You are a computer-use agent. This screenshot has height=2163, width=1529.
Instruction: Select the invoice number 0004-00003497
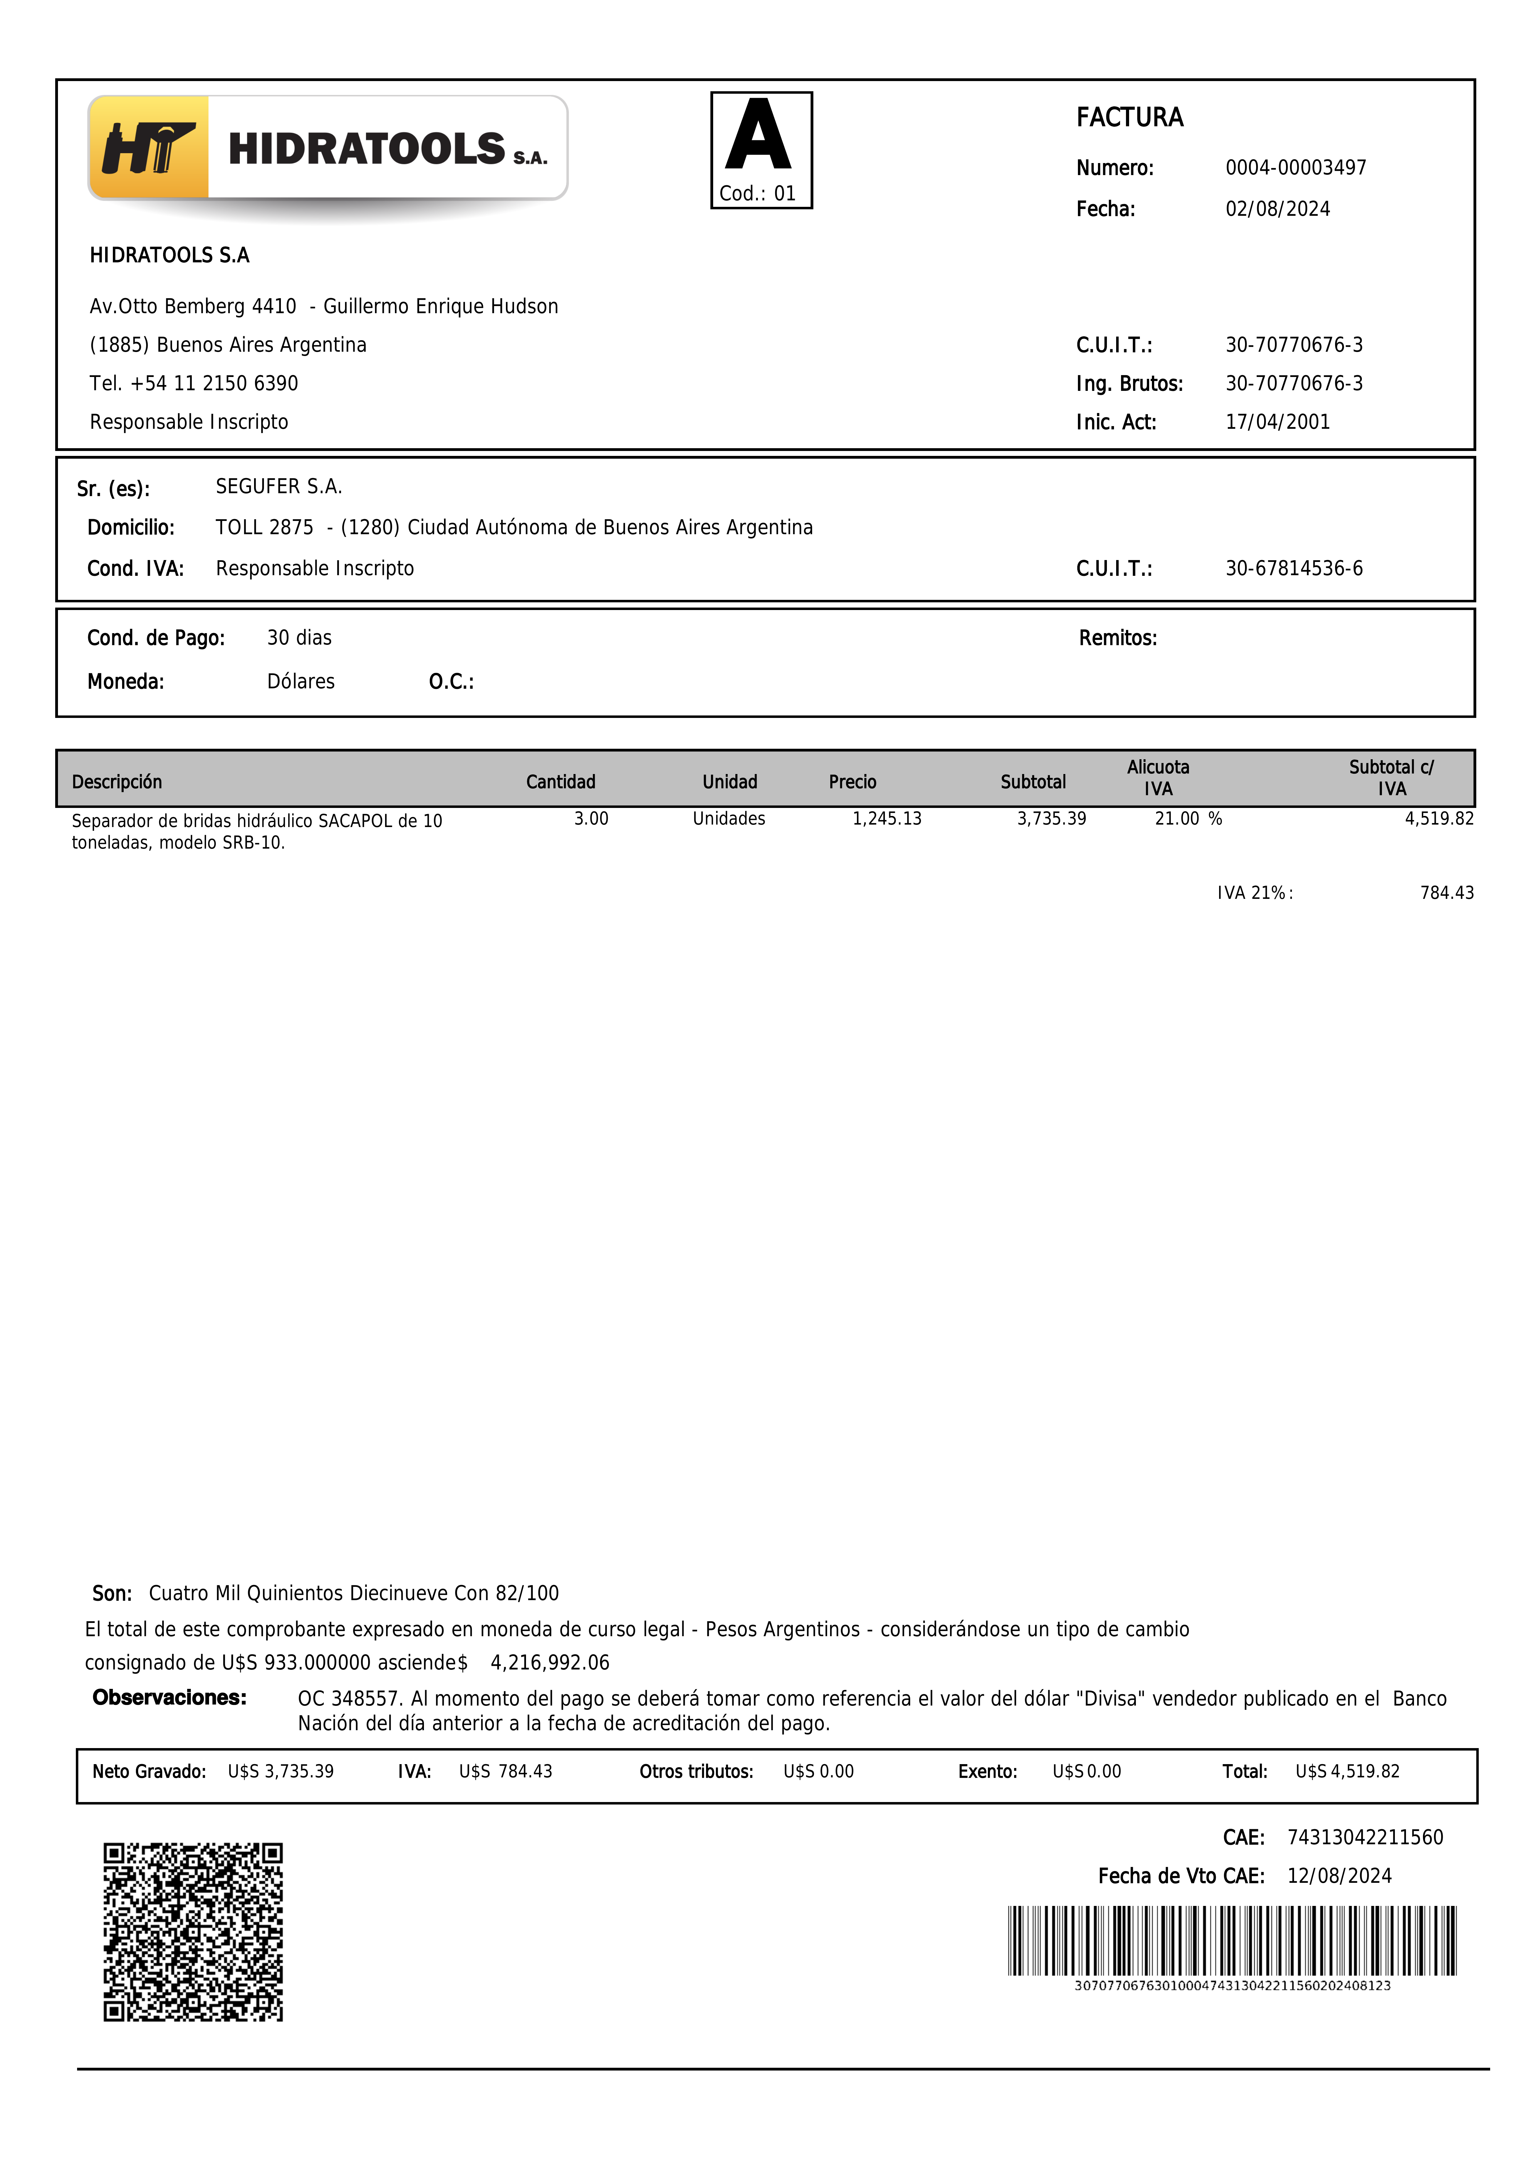click(1295, 168)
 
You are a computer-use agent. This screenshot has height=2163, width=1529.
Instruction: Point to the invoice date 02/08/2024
click(1277, 209)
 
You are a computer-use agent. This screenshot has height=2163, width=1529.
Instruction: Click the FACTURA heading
click(1129, 118)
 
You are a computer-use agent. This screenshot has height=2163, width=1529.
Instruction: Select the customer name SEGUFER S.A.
click(279, 486)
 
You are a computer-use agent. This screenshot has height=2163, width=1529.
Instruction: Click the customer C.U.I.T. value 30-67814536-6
click(1293, 568)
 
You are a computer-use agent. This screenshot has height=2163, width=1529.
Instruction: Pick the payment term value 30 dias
click(300, 638)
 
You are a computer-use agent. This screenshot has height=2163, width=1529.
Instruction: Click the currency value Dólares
click(301, 681)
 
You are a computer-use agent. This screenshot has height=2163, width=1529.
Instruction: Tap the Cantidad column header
click(561, 782)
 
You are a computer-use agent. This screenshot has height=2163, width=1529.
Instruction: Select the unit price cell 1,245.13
click(886, 819)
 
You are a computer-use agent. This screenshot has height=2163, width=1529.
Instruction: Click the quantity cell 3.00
click(591, 819)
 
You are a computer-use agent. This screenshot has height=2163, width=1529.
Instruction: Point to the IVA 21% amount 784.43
click(1446, 892)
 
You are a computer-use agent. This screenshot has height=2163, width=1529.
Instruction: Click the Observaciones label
click(170, 1698)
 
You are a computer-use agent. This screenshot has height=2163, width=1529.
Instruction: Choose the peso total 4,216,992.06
click(550, 1663)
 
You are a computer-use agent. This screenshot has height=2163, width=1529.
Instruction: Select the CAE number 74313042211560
click(1365, 1837)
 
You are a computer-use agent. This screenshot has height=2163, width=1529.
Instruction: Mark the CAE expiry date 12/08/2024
click(1339, 1876)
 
